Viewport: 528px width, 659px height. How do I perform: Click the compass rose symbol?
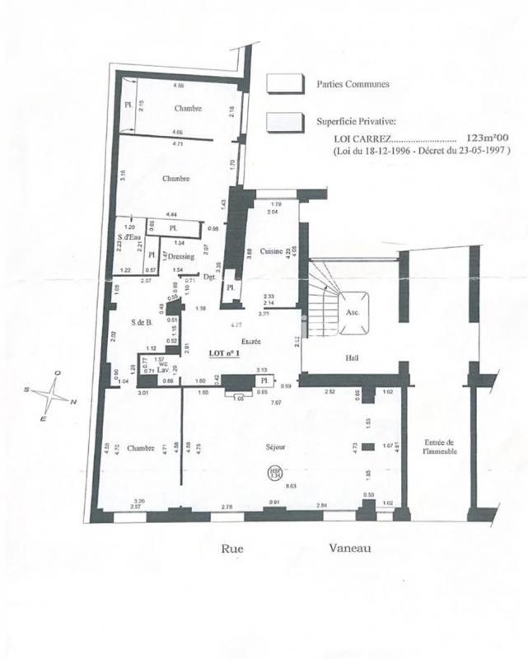tap(55, 396)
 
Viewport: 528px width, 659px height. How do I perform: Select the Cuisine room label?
tap(271, 250)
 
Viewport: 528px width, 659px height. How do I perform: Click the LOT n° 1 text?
tap(223, 353)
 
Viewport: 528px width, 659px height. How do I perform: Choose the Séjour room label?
tap(275, 447)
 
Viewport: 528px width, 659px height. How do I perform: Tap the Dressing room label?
tap(180, 256)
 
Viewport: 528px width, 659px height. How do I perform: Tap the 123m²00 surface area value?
tap(488, 139)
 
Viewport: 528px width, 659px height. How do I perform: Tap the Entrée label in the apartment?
tap(250, 340)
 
